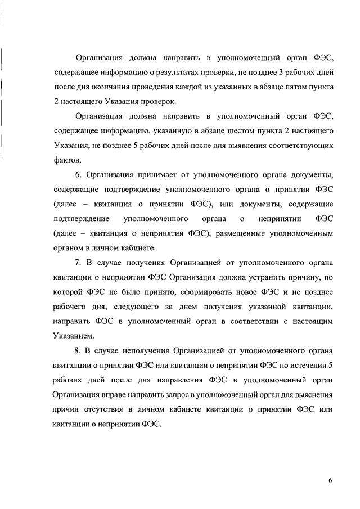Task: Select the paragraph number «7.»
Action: [x=79, y=262]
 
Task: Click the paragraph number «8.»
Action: [x=79, y=350]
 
